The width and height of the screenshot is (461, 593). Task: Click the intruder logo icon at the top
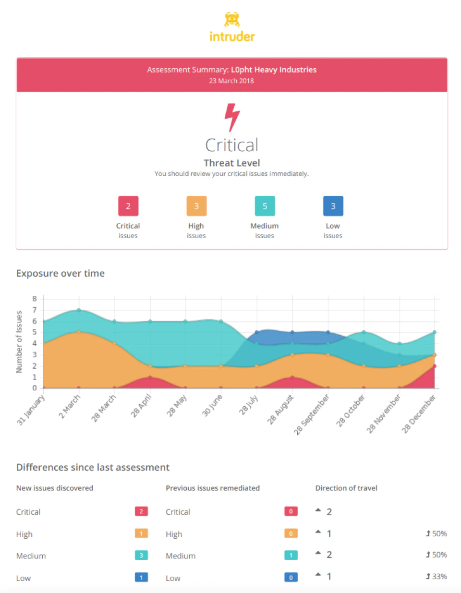tap(232, 19)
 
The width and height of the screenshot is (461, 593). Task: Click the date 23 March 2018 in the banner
tap(231, 81)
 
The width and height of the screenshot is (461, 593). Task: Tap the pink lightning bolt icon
tap(232, 117)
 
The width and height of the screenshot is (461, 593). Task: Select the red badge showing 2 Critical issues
tap(128, 206)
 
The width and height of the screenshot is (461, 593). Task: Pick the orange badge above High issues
tap(196, 206)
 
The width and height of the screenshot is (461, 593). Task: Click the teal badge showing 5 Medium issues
tap(265, 206)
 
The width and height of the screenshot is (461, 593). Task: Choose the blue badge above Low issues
tap(333, 206)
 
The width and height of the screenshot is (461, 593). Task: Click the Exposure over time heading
tap(61, 273)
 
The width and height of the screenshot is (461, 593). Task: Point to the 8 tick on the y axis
tap(35, 299)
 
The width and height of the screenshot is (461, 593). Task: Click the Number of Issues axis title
tap(19, 342)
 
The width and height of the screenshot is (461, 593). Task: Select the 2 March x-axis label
tap(70, 406)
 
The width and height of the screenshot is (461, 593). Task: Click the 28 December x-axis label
tap(419, 413)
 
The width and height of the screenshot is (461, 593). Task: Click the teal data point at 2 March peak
tap(79, 310)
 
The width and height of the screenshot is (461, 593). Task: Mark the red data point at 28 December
tap(434, 366)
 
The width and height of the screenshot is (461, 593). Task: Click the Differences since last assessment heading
tap(93, 467)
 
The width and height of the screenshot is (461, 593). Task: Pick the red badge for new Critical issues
tap(141, 511)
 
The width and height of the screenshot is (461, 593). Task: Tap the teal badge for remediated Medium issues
tap(291, 556)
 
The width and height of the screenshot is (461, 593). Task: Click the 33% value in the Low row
tap(437, 576)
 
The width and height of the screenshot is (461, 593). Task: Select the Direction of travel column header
tap(346, 488)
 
